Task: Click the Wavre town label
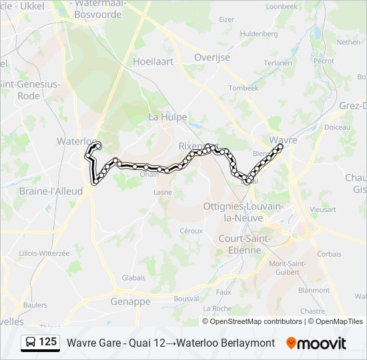click(283, 140)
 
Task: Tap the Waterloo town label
click(73, 141)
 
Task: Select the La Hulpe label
click(163, 117)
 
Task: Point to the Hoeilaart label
click(153, 61)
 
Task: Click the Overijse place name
click(212, 57)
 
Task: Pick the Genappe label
click(131, 301)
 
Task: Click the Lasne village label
click(163, 192)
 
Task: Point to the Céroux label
click(191, 231)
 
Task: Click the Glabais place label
click(133, 278)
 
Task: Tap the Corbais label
click(329, 254)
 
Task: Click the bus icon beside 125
click(31, 342)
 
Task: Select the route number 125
click(48, 341)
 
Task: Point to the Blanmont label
click(314, 290)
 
